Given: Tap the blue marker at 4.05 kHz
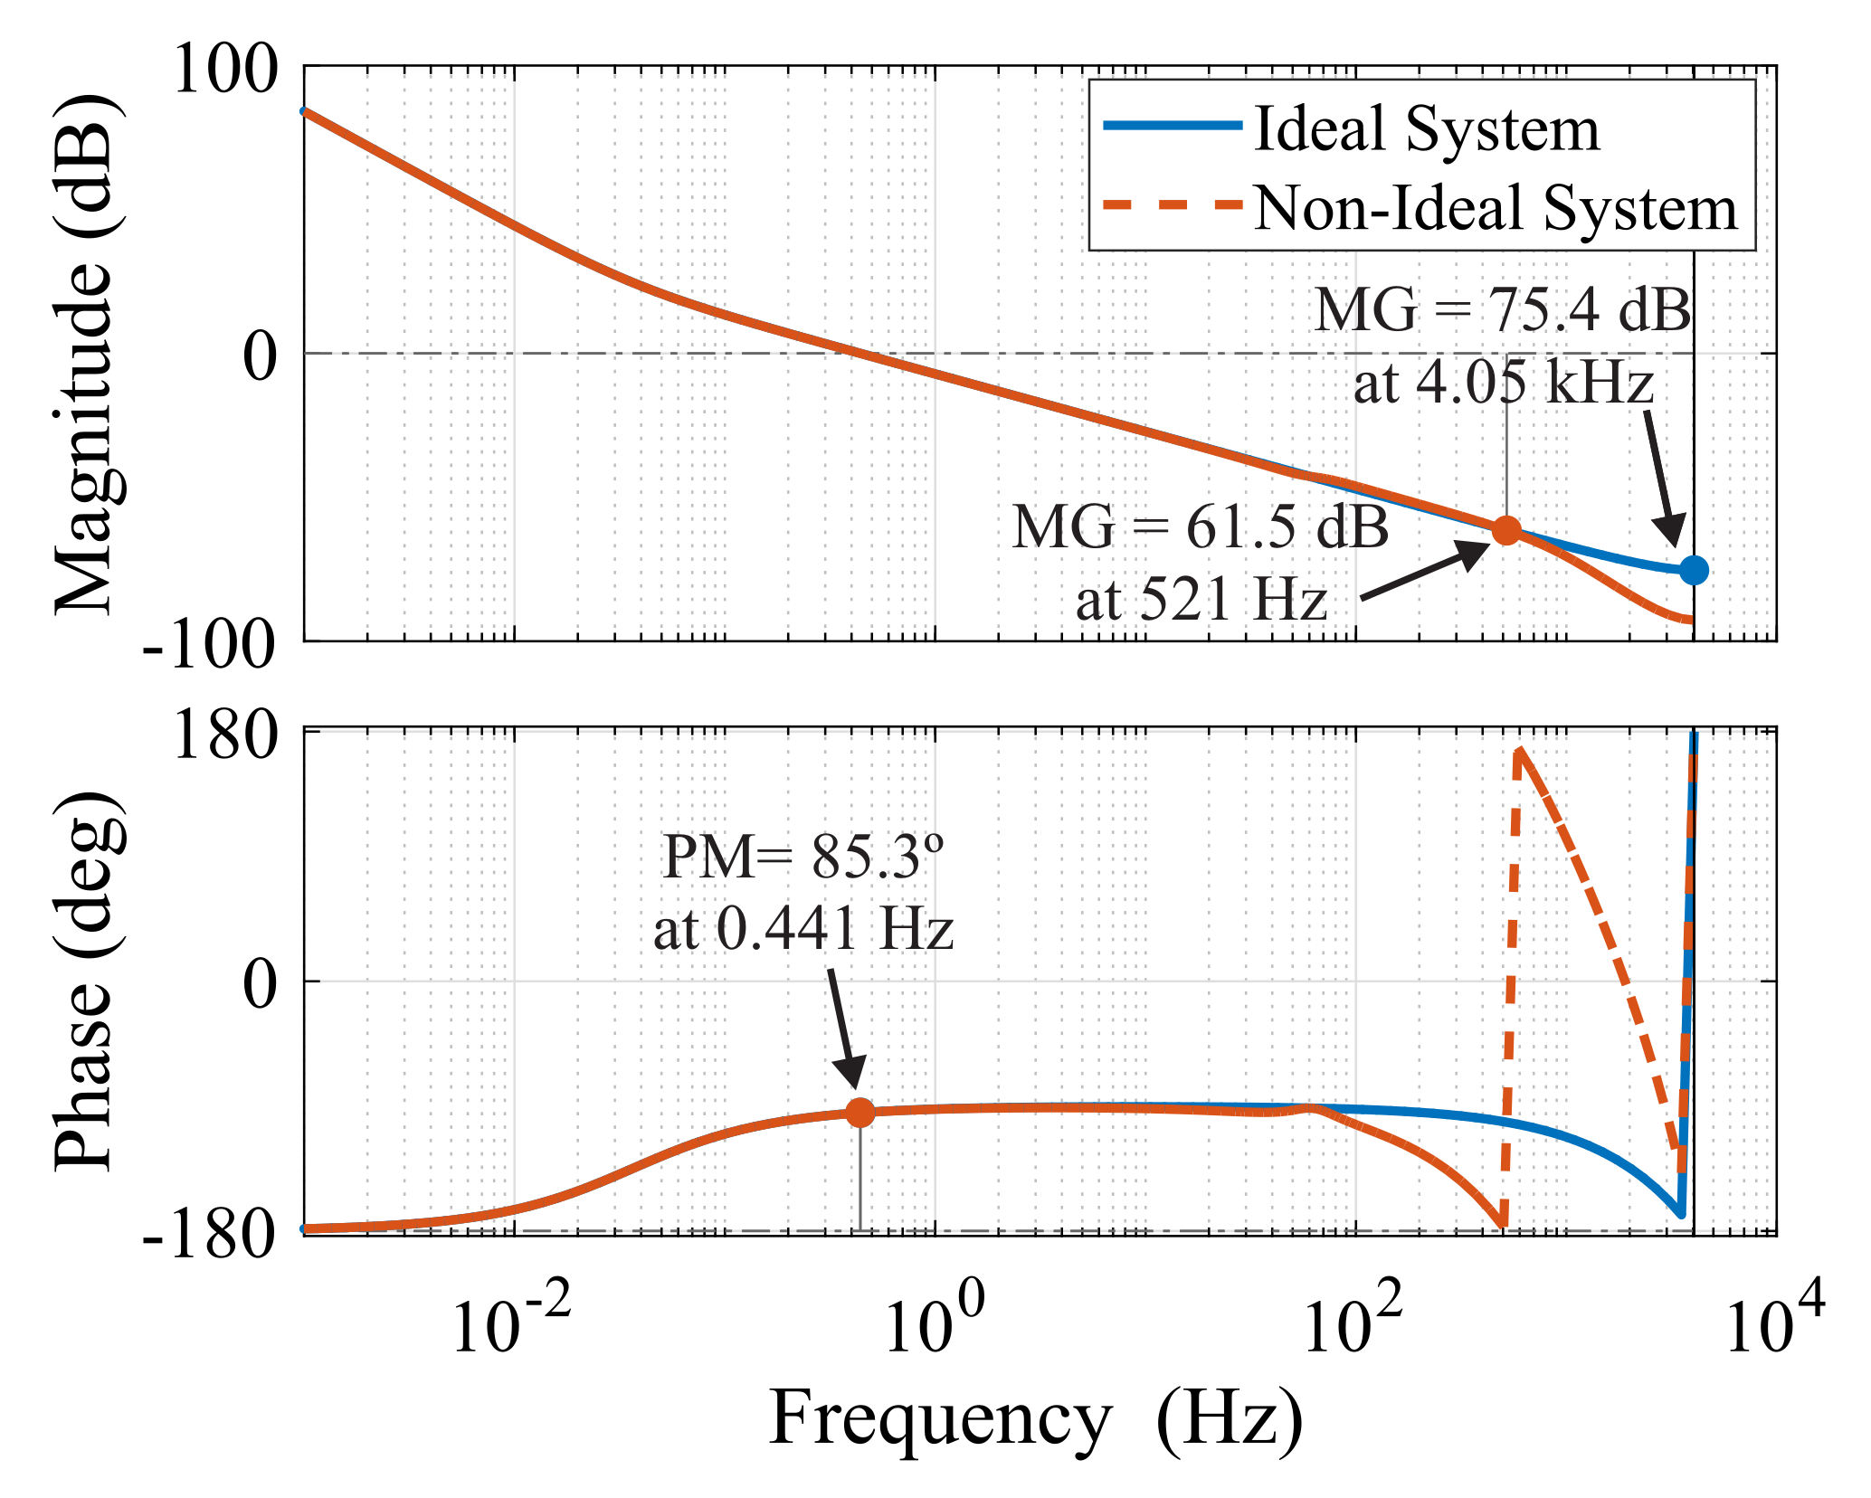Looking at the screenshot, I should click(x=1693, y=570).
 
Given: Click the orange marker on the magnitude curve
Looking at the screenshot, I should click(x=1505, y=531).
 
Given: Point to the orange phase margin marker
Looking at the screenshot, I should click(x=860, y=1113).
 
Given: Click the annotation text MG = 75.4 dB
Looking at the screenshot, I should click(x=1502, y=310).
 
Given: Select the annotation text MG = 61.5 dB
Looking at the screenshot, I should click(x=1200, y=526).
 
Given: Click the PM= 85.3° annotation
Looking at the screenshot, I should click(x=803, y=857).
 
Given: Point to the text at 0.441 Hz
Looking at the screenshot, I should click(x=803, y=929).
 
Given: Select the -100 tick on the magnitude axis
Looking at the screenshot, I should click(x=209, y=645).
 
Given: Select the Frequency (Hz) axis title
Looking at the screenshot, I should click(x=1036, y=1418).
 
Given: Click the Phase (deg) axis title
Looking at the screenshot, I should click(x=86, y=981).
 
